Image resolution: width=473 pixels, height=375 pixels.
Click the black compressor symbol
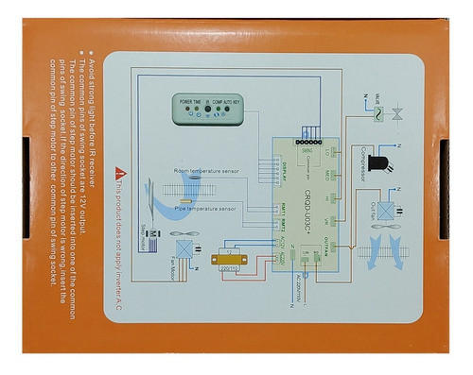(378, 162)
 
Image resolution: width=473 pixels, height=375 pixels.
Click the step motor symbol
(153, 232)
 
